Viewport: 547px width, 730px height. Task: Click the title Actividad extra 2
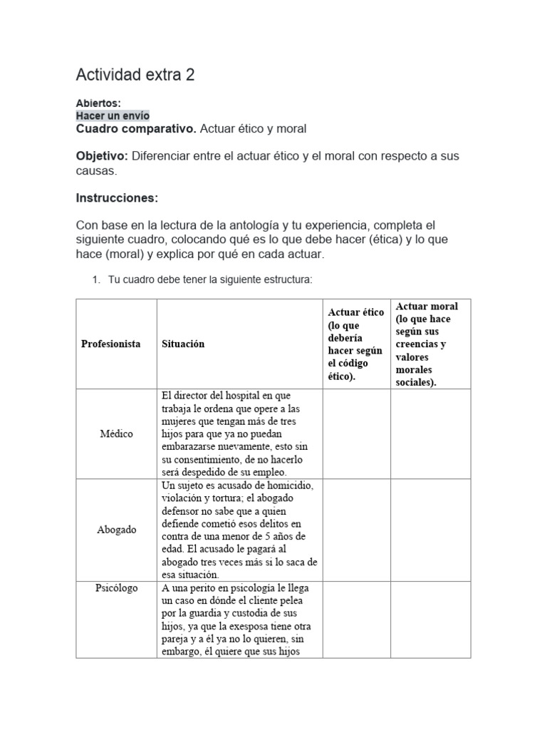[135, 75]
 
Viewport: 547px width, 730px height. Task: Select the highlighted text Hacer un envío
[113, 115]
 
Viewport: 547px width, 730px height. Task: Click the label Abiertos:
[98, 103]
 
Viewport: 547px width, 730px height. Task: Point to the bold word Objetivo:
[102, 156]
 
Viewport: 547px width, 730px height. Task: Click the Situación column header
[183, 344]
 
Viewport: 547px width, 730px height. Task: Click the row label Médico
[116, 433]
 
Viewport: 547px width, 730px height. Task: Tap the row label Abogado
[116, 530]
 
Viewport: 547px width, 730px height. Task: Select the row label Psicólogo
[116, 588]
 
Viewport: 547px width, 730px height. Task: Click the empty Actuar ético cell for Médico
[356, 433]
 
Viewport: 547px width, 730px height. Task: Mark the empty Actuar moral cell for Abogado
[431, 530]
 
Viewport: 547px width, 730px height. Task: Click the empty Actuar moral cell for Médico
[431, 433]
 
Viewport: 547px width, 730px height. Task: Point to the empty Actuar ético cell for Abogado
[356, 530]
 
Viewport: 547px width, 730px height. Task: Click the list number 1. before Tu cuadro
[96, 281]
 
